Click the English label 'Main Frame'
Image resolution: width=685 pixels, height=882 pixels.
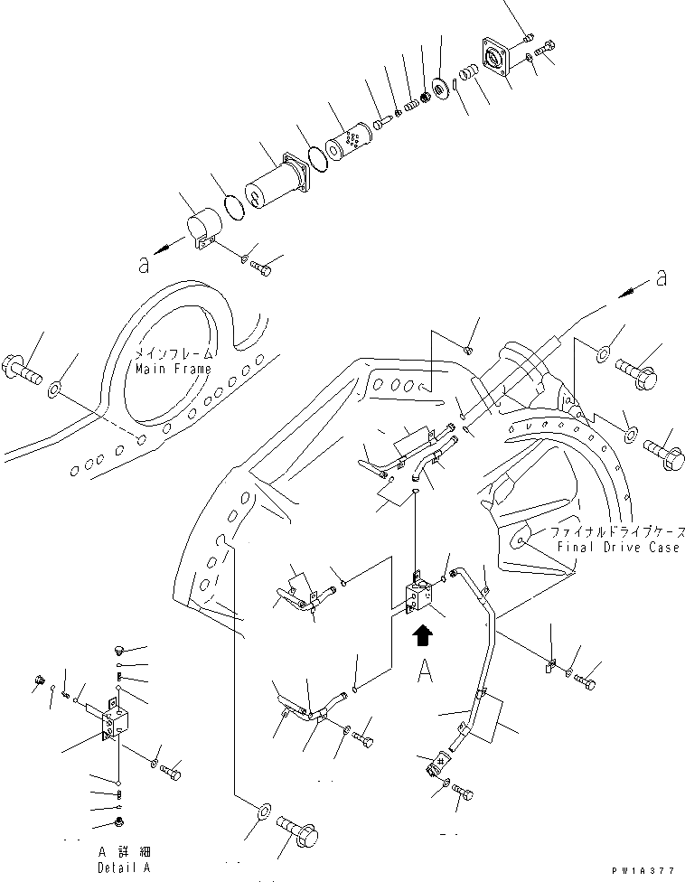[174, 369]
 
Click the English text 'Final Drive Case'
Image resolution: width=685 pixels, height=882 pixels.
[618, 547]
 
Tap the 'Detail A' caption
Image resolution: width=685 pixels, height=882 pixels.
[125, 868]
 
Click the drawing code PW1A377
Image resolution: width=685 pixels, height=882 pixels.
[643, 871]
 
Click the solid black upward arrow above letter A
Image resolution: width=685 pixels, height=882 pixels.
[422, 636]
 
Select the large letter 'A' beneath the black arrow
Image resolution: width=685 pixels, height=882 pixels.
[425, 671]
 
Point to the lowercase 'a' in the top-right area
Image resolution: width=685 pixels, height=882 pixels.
[662, 277]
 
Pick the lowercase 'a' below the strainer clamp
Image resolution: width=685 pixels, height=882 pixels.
[144, 265]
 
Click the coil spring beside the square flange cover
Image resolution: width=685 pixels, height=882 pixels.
[468, 72]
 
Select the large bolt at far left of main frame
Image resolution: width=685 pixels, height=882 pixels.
[23, 369]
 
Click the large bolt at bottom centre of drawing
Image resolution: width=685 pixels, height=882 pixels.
[298, 831]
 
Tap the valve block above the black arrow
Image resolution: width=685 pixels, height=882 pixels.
[420, 598]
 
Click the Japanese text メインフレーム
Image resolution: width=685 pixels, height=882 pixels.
[174, 354]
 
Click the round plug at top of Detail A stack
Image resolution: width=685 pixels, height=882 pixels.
[118, 651]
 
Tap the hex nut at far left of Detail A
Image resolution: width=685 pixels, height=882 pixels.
[40, 679]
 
